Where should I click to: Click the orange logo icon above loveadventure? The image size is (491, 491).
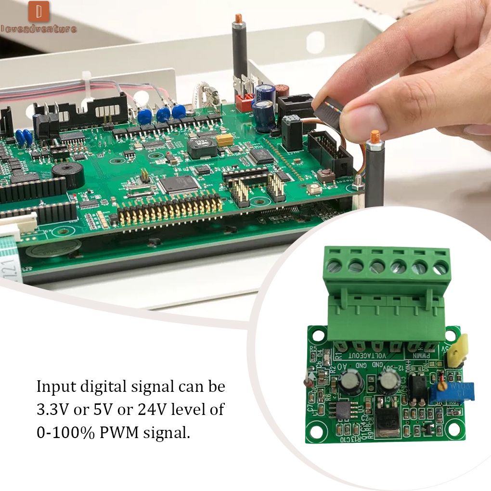[39, 12]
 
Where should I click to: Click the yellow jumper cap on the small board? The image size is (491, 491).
[454, 349]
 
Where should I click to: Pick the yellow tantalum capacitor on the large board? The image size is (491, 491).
[224, 140]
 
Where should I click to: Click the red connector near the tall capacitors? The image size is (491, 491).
[245, 102]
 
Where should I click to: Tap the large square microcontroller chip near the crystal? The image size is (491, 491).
[179, 183]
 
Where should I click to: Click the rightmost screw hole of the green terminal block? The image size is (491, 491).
[440, 267]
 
